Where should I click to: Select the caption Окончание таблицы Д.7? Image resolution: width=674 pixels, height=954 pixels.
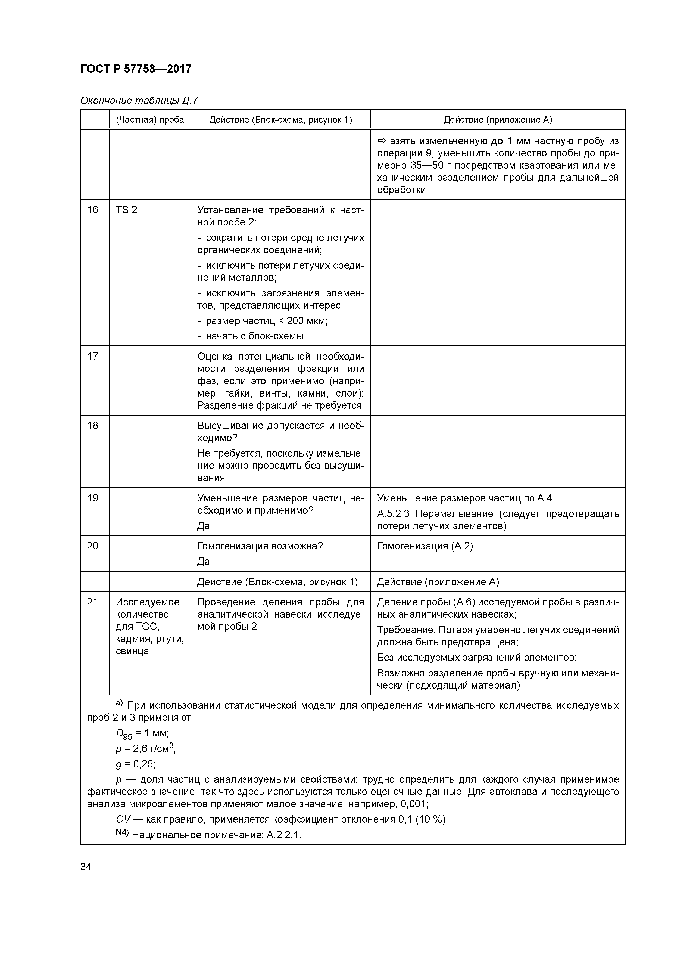point(139,101)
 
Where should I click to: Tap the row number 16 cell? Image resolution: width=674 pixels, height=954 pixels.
point(93,210)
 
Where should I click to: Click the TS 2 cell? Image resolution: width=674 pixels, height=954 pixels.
point(126,210)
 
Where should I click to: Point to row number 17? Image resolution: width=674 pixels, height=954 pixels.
point(93,357)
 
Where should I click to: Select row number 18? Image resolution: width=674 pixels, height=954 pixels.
point(93,426)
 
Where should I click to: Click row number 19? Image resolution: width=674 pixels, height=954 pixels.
point(93,498)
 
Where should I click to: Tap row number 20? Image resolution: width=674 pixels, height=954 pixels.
point(93,546)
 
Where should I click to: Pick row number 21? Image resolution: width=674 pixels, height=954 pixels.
point(93,602)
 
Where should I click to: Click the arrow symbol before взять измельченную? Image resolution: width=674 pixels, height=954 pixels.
point(382,141)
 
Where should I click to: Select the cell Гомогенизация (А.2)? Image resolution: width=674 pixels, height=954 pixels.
point(425,546)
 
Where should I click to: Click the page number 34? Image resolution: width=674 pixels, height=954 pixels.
point(86,867)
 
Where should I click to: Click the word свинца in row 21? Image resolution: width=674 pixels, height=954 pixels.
point(132,651)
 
